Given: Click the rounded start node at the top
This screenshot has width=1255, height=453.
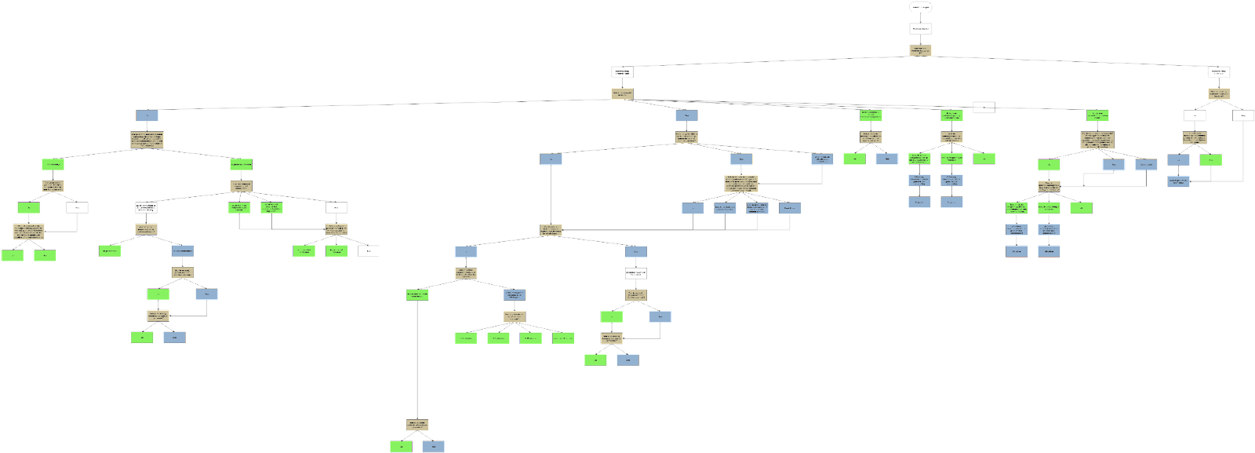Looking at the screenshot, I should pyautogui.click(x=921, y=8).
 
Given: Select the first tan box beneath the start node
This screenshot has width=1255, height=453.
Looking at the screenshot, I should pyautogui.click(x=921, y=50).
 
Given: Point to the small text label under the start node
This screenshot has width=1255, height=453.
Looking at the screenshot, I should pyautogui.click(x=921, y=28).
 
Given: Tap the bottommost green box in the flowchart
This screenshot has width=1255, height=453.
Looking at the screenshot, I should pyautogui.click(x=401, y=447).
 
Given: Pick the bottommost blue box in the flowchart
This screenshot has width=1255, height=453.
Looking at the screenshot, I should pyautogui.click(x=434, y=447).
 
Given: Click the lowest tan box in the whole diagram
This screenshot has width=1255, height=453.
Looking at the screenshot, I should pyautogui.click(x=417, y=425).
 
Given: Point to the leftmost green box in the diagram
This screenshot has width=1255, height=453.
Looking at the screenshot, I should pyautogui.click(x=13, y=255).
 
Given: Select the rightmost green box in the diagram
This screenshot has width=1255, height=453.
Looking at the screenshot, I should pyautogui.click(x=1210, y=160).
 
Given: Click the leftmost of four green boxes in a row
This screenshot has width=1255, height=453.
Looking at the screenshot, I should pyautogui.click(x=466, y=338).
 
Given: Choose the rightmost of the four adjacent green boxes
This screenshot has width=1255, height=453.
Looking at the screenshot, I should pyautogui.click(x=562, y=338).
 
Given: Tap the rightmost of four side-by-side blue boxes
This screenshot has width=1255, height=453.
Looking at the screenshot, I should pyautogui.click(x=790, y=208).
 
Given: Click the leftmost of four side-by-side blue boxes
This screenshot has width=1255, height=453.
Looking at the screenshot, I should pyautogui.click(x=693, y=208).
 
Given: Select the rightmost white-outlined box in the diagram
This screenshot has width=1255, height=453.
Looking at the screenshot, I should pyautogui.click(x=1243, y=115).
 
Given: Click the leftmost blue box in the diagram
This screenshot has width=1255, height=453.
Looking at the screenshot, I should pyautogui.click(x=147, y=115).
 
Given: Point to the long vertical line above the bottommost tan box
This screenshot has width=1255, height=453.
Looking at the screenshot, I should pyautogui.click(x=417, y=361).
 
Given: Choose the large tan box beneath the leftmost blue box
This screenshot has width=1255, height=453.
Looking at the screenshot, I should pyautogui.click(x=147, y=141).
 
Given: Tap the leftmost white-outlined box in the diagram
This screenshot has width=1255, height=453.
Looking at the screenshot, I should pyautogui.click(x=78, y=208).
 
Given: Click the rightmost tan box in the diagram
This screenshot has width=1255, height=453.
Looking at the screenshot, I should pyautogui.click(x=1218, y=94).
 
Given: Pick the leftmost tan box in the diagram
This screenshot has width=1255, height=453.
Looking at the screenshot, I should pyautogui.click(x=28, y=232).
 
